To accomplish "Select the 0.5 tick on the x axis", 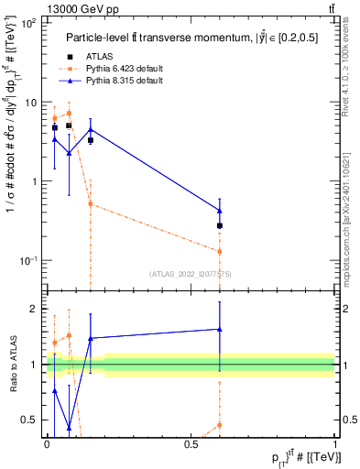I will pos(191,444).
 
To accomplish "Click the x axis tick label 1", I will pos(335,444).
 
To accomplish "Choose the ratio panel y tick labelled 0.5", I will pos(32,420).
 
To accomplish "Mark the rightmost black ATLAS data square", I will pos(220,225).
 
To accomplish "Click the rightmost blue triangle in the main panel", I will pos(220,210).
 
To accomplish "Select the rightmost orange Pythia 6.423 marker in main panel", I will pos(220,251).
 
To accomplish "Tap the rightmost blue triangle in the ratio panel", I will pos(220,329).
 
